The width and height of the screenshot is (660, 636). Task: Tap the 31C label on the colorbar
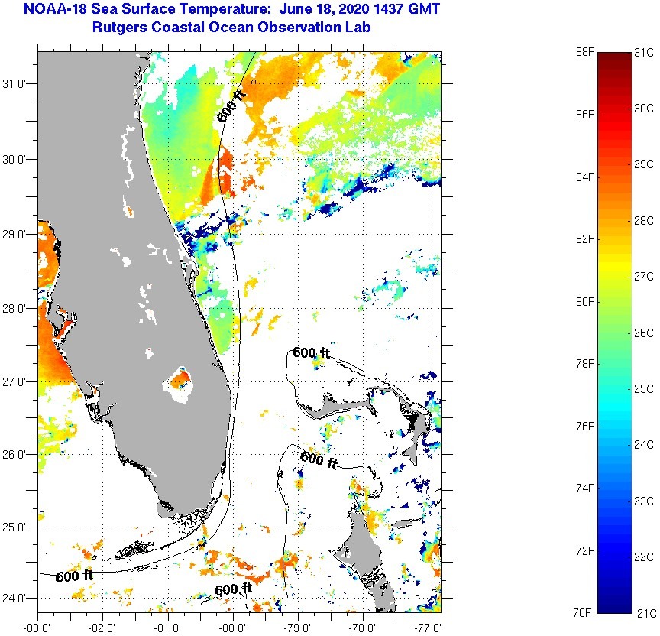(644, 52)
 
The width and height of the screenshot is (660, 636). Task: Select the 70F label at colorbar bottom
(584, 612)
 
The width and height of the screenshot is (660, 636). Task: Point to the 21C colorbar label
(644, 612)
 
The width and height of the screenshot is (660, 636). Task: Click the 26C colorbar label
(644, 333)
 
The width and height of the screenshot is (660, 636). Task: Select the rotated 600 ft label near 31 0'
(231, 106)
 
